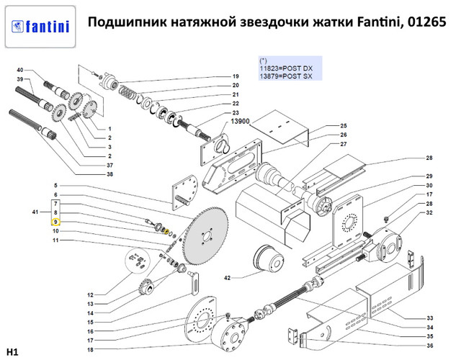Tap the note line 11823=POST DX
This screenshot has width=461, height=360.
pyautogui.click(x=285, y=70)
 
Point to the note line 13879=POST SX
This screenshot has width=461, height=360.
pyautogui.click(x=285, y=77)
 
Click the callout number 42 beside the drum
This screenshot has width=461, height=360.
pyautogui.click(x=226, y=277)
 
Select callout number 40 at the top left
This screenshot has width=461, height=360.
pyautogui.click(x=19, y=69)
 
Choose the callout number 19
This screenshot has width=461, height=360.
pyautogui.click(x=235, y=77)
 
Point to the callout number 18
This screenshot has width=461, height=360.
pyautogui.click(x=90, y=349)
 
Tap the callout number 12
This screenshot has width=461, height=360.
pyautogui.click(x=91, y=295)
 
